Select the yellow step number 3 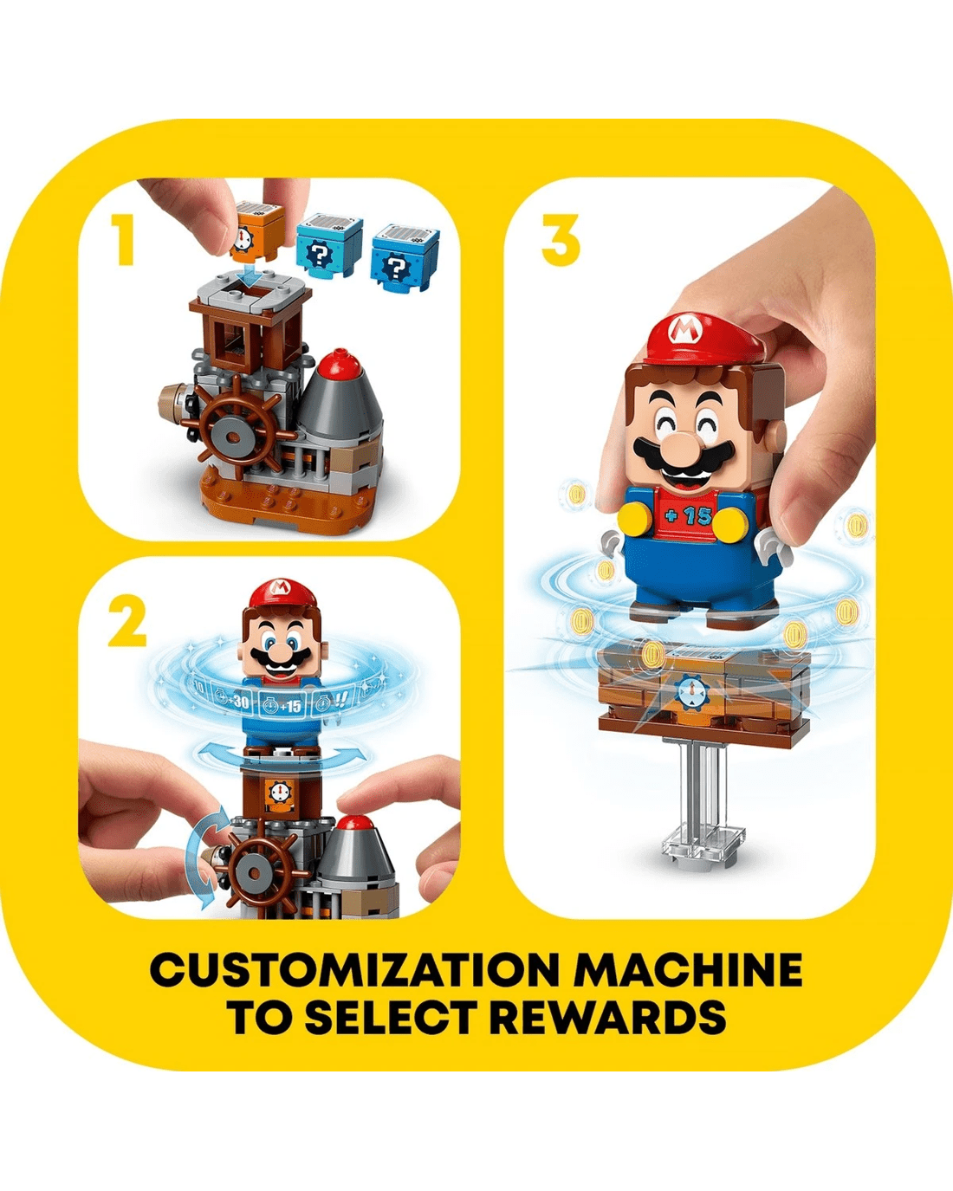click(x=561, y=240)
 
